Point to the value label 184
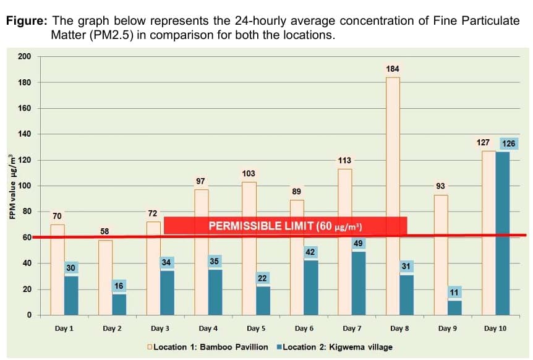point(393,68)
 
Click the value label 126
point(508,144)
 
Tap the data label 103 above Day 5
point(249,173)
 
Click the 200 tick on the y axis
point(24,57)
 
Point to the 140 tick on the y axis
point(24,134)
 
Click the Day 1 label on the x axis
point(64,328)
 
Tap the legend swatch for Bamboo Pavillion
point(150,347)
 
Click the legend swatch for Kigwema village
point(279,347)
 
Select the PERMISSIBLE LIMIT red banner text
point(285,226)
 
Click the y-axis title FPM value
point(12,186)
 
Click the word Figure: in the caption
point(26,20)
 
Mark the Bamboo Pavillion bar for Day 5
point(249,248)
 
